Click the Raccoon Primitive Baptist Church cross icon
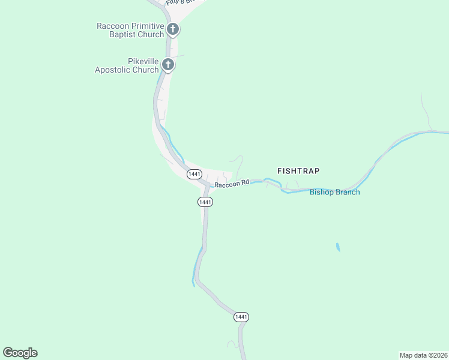point(173,29)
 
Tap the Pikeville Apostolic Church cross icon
point(168,64)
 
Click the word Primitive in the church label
point(143,26)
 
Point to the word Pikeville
point(142,61)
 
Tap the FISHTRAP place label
point(298,171)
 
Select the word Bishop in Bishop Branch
point(322,193)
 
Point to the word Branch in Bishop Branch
point(348,193)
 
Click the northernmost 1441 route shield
point(194,174)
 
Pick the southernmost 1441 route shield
point(241,317)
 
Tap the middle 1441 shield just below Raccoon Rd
point(205,202)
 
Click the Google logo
point(20,353)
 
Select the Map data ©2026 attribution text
point(423,355)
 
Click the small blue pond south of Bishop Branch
point(338,247)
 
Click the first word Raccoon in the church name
point(112,26)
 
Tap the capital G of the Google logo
point(8,353)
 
